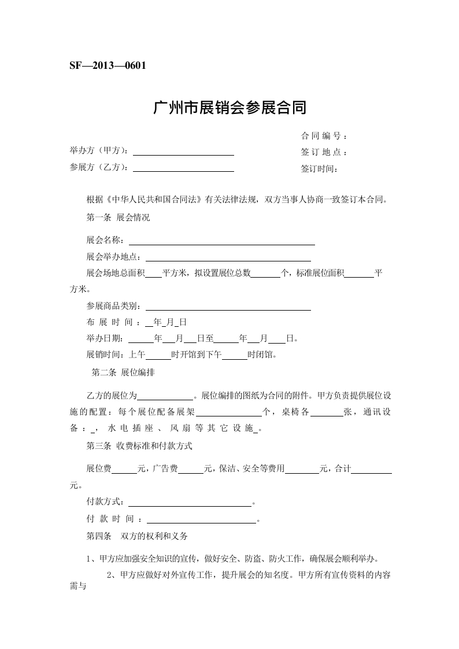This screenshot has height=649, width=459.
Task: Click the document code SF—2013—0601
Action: point(107,65)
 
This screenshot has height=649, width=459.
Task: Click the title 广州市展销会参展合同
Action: point(229,108)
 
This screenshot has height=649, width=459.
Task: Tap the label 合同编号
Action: point(323,137)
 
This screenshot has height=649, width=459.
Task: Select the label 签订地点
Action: point(323,153)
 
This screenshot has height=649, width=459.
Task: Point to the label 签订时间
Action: point(318,169)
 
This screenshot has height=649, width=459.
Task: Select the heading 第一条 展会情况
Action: point(118,218)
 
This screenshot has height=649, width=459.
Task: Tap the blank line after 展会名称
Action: point(221,244)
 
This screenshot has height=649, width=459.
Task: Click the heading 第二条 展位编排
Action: point(123,373)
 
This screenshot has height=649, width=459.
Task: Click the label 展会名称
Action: point(104,240)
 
